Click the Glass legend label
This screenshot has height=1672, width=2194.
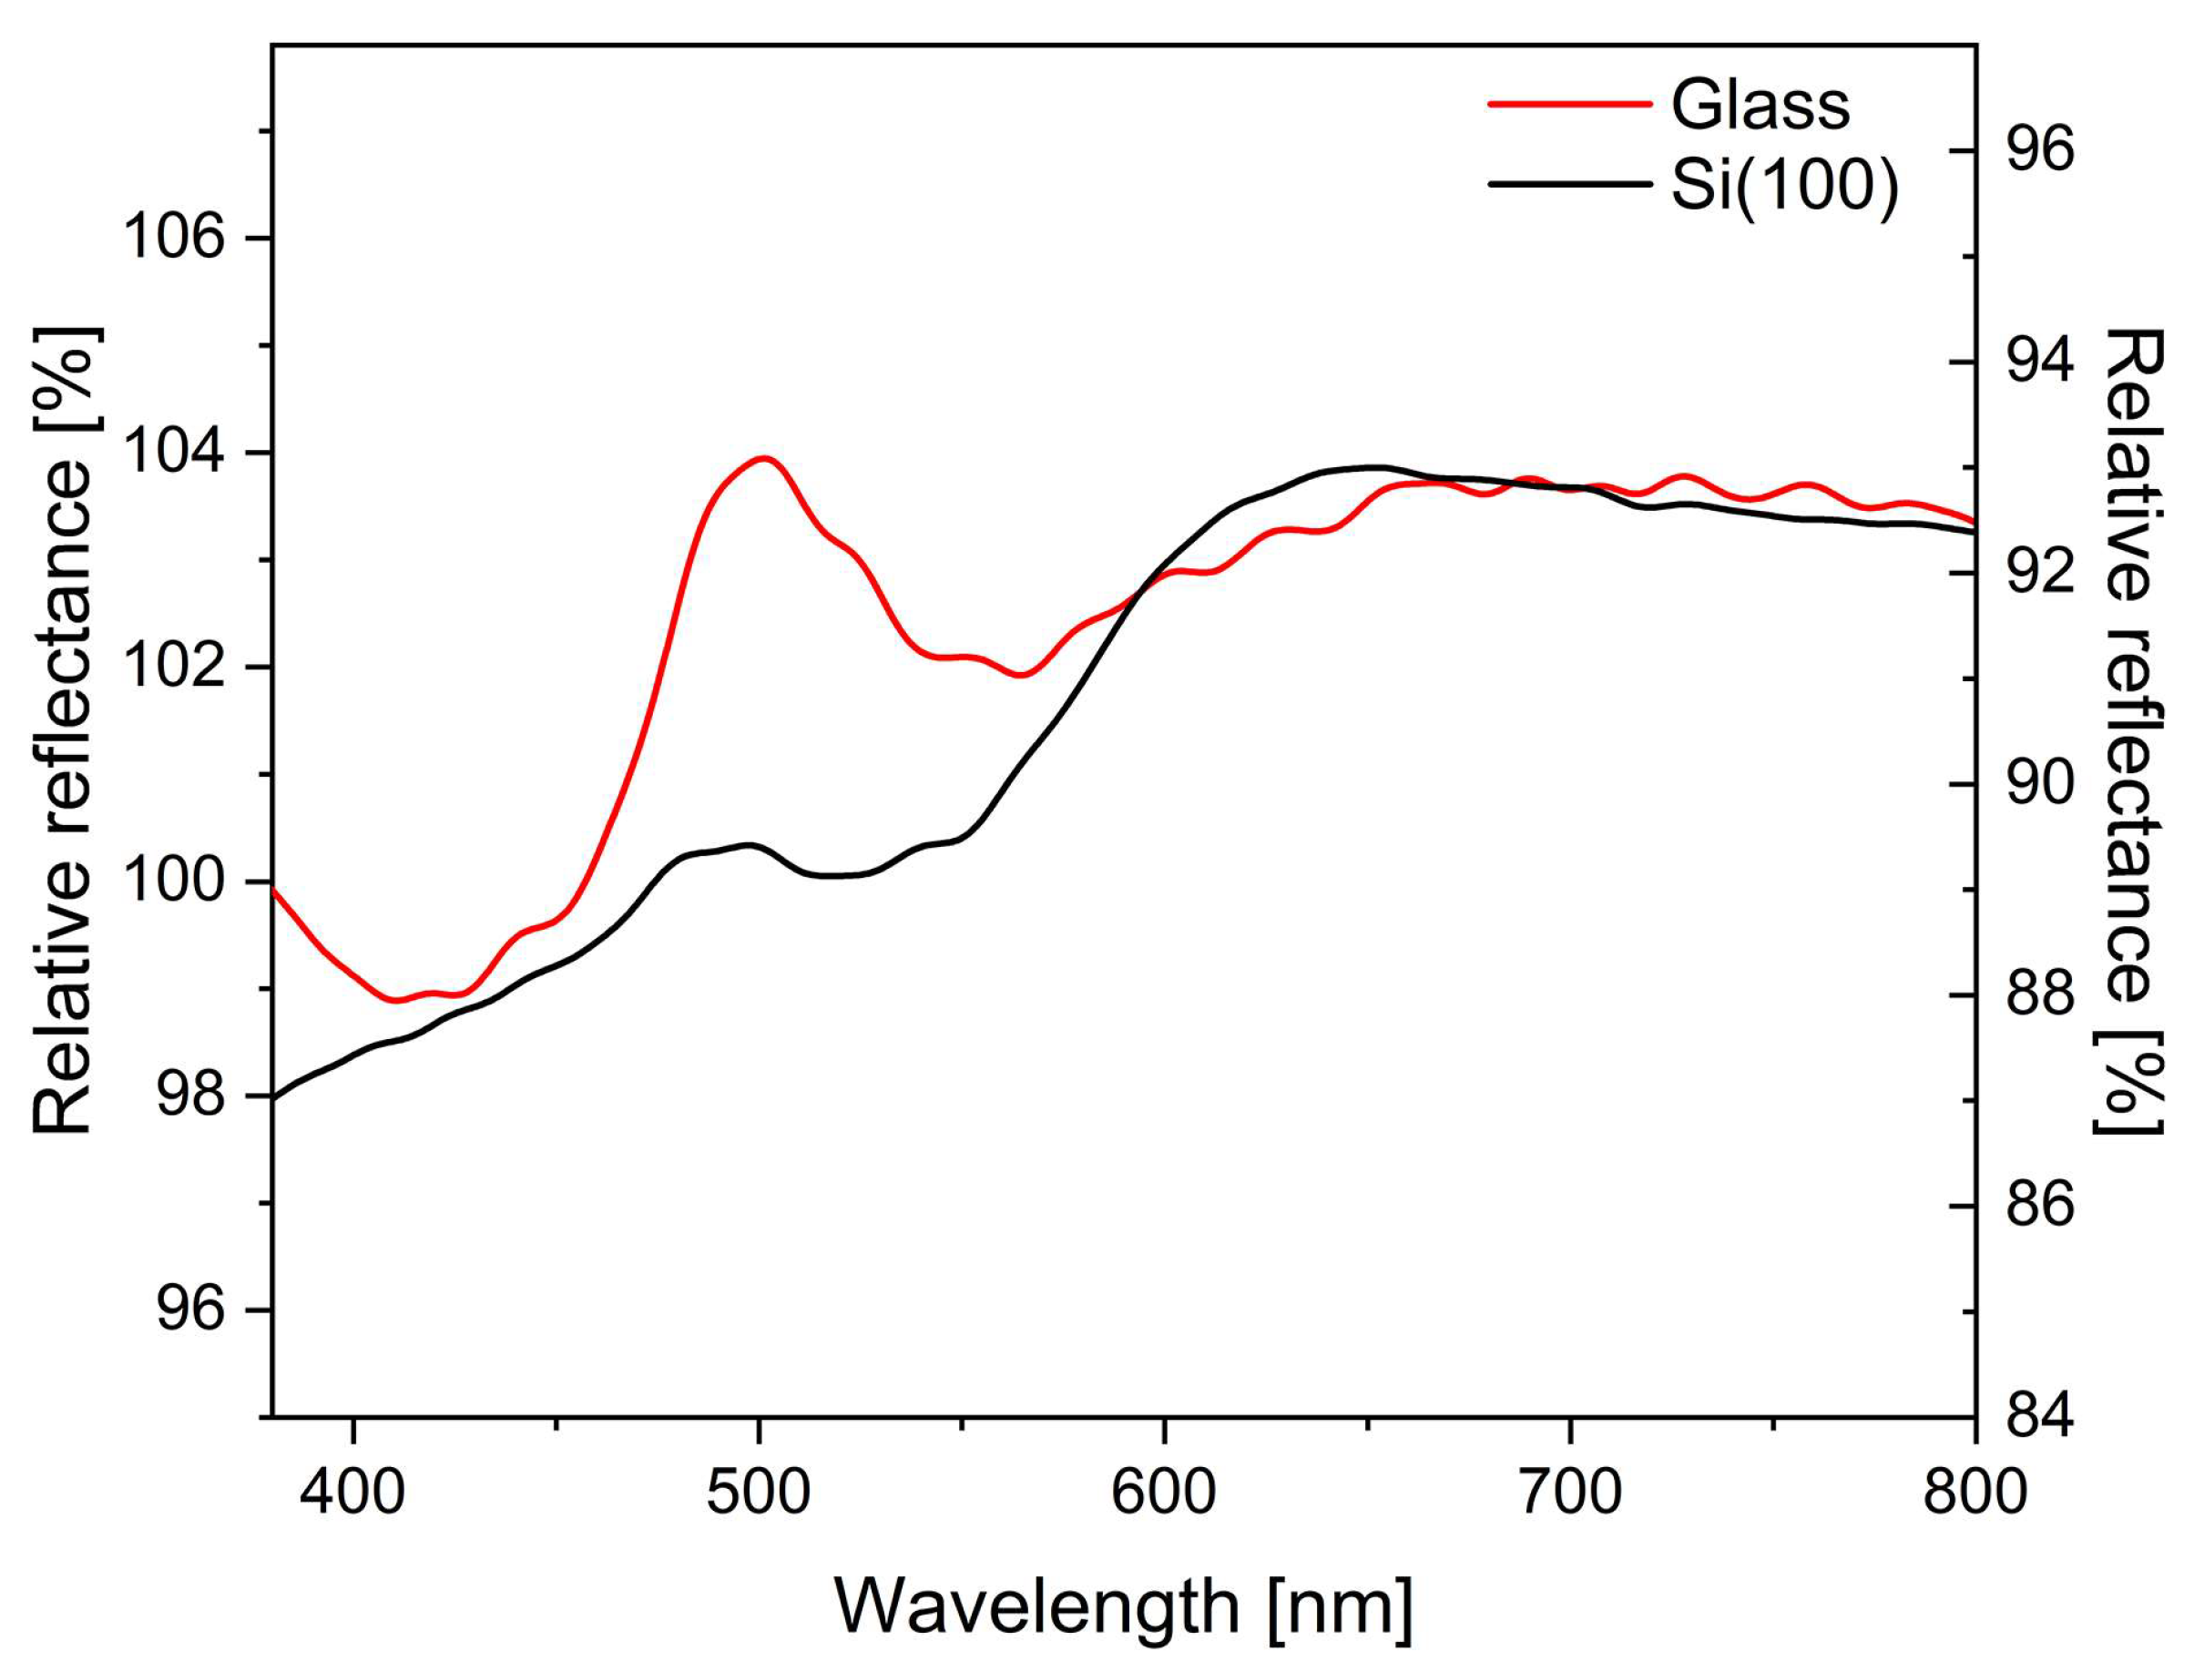1759,105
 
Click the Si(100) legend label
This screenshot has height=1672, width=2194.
1784,186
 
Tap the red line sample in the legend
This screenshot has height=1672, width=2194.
1567,104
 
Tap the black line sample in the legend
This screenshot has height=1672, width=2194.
1567,184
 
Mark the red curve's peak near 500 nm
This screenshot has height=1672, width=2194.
764,458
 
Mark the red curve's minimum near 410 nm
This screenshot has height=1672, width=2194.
395,1000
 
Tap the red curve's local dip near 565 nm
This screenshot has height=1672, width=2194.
1024,675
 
